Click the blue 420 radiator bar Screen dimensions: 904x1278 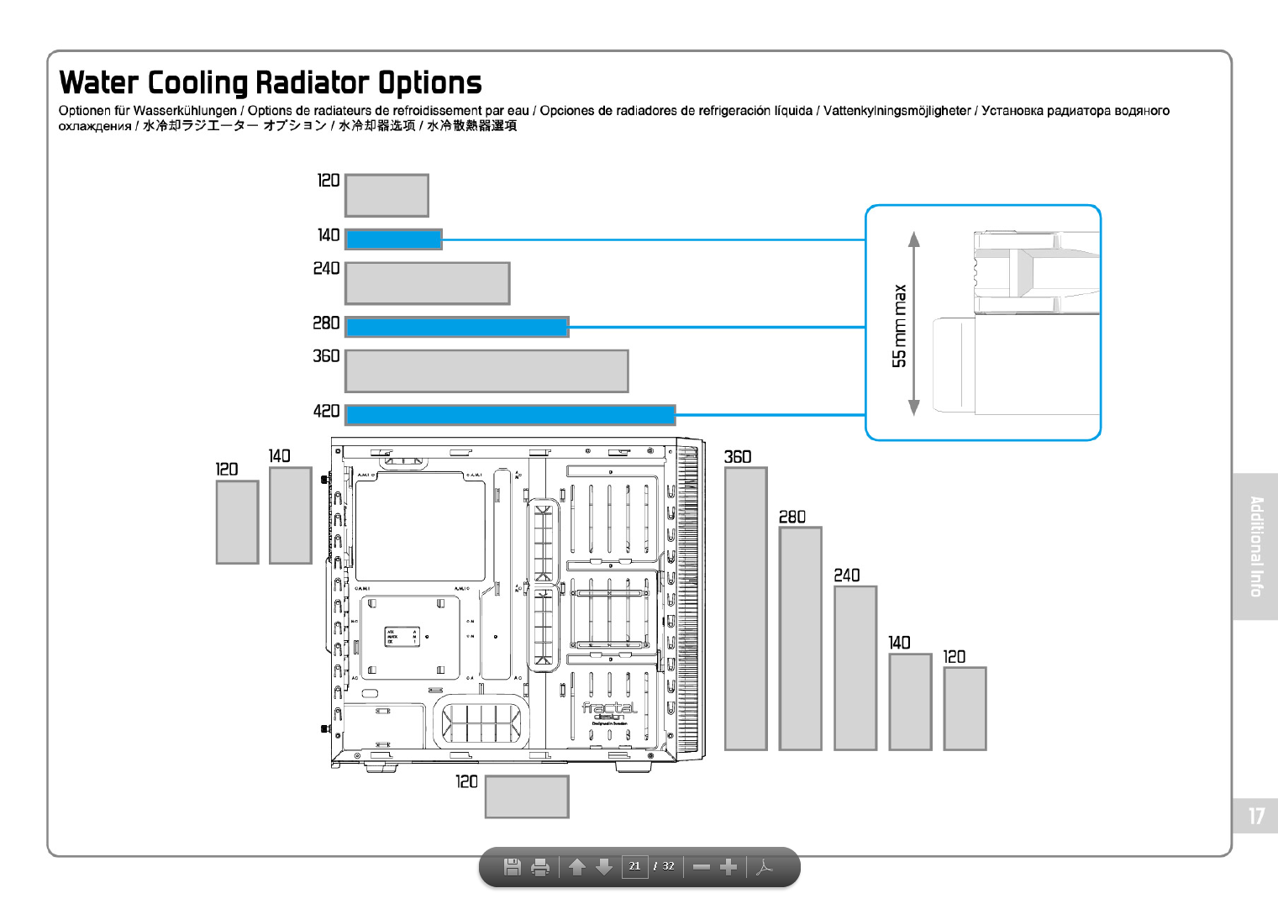tap(510, 414)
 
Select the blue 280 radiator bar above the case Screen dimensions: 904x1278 tap(457, 327)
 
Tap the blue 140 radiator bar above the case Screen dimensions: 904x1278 tap(393, 239)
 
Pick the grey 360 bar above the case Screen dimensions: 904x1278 tap(486, 371)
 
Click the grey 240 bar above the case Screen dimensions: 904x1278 tap(427, 283)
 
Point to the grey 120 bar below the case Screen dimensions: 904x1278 tap(527, 796)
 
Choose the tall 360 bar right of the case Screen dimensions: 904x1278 tap(745, 608)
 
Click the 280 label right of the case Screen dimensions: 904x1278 tap(792, 517)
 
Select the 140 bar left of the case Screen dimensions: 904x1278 tap(290, 515)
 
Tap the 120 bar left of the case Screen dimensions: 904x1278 tap(237, 522)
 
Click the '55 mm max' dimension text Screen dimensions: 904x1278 tap(900, 326)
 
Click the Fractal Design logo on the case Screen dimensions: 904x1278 tap(609, 711)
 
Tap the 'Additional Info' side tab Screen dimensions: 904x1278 tap(1255, 546)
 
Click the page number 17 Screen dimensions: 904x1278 tap(1255, 816)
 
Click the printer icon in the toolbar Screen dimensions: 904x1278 tap(540, 867)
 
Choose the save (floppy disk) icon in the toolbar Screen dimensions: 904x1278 tap(512, 867)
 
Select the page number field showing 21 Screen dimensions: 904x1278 tap(634, 866)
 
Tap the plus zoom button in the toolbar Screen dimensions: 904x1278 tap(728, 867)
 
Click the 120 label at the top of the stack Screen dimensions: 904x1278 tap(329, 181)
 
